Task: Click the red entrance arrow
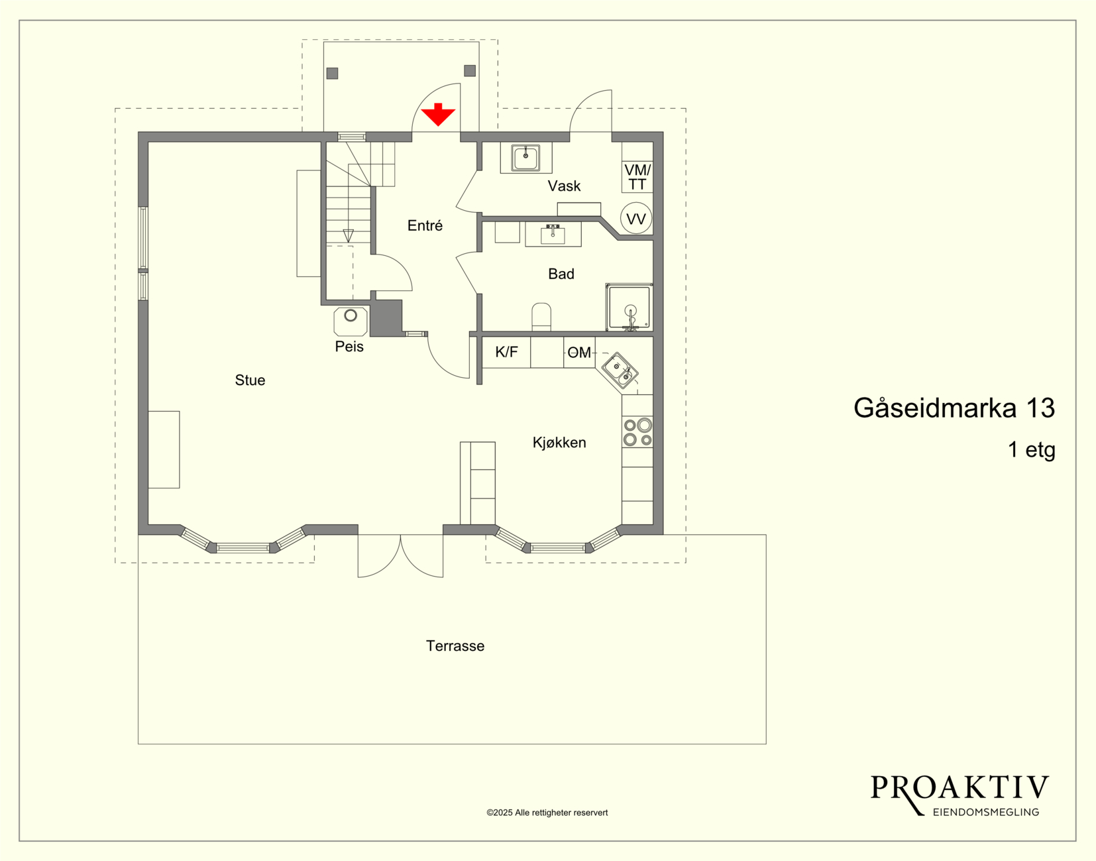coord(438,115)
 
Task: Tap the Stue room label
coord(250,380)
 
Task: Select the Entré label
coord(425,225)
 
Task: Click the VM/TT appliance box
coord(637,176)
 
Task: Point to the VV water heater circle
coord(636,219)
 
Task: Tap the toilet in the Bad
coord(541,317)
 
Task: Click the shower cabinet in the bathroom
coord(629,307)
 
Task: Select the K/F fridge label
coord(506,351)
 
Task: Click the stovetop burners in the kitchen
coord(637,432)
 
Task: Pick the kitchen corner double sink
coord(620,371)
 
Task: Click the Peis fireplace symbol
coord(351,321)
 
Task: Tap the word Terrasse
coord(455,646)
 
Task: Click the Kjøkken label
coord(559,442)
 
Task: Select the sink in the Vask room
coord(525,158)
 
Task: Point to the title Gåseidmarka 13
coord(954,408)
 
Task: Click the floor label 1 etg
coord(1032,449)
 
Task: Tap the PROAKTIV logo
coord(959,796)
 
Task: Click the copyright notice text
coord(547,813)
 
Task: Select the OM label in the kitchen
coord(579,352)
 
